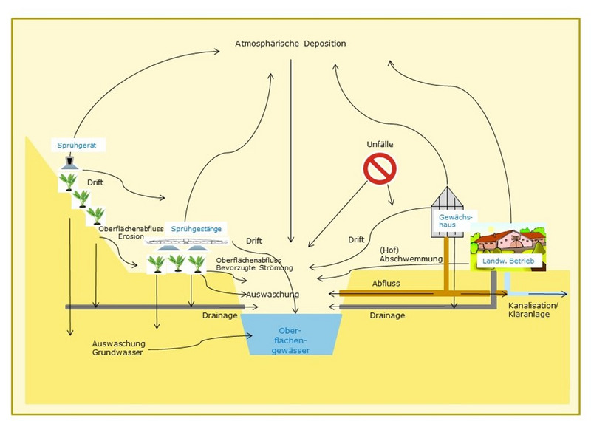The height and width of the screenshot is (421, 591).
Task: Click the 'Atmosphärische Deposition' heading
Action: (290, 44)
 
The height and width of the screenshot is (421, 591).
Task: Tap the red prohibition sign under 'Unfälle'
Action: (379, 168)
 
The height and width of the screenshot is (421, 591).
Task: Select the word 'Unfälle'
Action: (379, 144)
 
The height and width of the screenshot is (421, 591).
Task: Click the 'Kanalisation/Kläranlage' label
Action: (534, 309)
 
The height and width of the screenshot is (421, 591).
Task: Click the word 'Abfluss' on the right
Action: (386, 283)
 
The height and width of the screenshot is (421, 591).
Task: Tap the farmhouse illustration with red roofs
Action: (508, 240)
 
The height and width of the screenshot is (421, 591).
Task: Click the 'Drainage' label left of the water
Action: (219, 315)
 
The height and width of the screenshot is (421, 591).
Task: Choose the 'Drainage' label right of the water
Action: (386, 315)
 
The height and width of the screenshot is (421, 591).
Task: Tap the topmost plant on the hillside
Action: (69, 181)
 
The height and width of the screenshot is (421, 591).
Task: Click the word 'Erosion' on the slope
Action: (130, 238)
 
